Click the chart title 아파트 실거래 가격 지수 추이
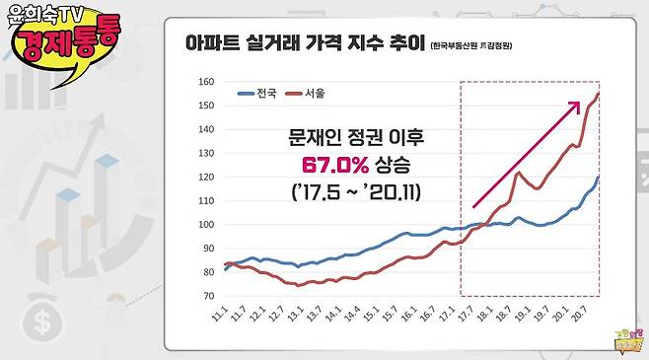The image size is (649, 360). (305, 44)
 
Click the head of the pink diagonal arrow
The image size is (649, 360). (577, 102)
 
